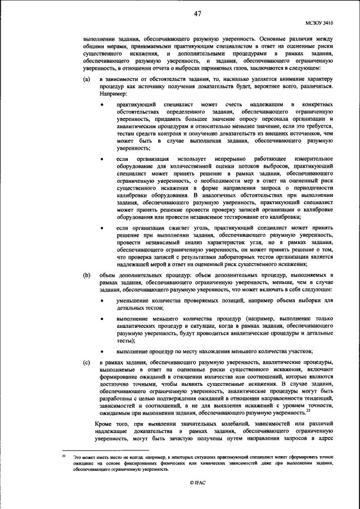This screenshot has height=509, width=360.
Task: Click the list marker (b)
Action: [x=87, y=274]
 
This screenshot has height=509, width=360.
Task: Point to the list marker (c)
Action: [x=87, y=363]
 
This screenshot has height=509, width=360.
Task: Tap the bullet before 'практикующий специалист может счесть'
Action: [x=102, y=105]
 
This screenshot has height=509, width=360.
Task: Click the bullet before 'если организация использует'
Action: [x=102, y=160]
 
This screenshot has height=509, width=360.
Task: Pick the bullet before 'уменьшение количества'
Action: [x=102, y=301]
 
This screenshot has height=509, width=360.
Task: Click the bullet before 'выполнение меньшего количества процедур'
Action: [x=102, y=319]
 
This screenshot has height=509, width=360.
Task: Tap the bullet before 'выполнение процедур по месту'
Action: [x=102, y=352]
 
